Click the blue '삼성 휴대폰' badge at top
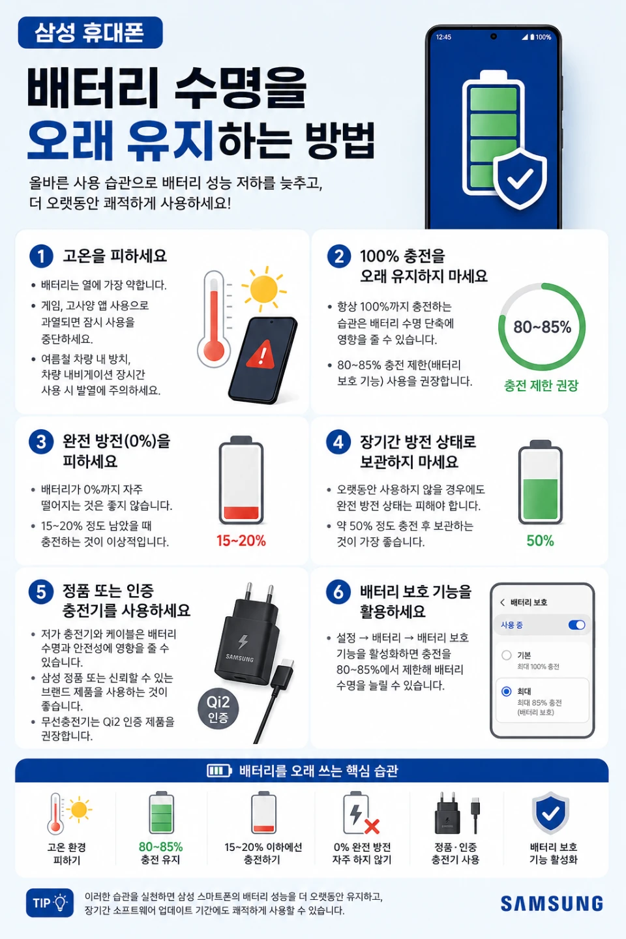pos(90,33)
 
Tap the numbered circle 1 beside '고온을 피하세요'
pos(41,256)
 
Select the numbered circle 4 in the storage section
pos(338,442)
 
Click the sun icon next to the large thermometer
pos(263,289)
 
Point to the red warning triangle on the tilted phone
pos(261,355)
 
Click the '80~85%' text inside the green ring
pos(542,327)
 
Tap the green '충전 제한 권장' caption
pos(541,385)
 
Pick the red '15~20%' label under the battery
pos(241,541)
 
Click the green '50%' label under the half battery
pos(540,541)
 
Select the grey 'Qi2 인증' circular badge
pos(218,708)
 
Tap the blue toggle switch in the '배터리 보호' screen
pos(577,625)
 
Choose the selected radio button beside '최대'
pos(507,691)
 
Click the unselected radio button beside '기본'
pos(507,655)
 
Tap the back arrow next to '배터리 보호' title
pos(502,603)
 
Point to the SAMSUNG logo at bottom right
pos(552,903)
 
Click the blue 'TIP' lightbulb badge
pos(50,902)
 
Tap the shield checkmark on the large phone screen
pos(520,178)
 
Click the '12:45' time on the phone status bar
pos(443,37)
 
